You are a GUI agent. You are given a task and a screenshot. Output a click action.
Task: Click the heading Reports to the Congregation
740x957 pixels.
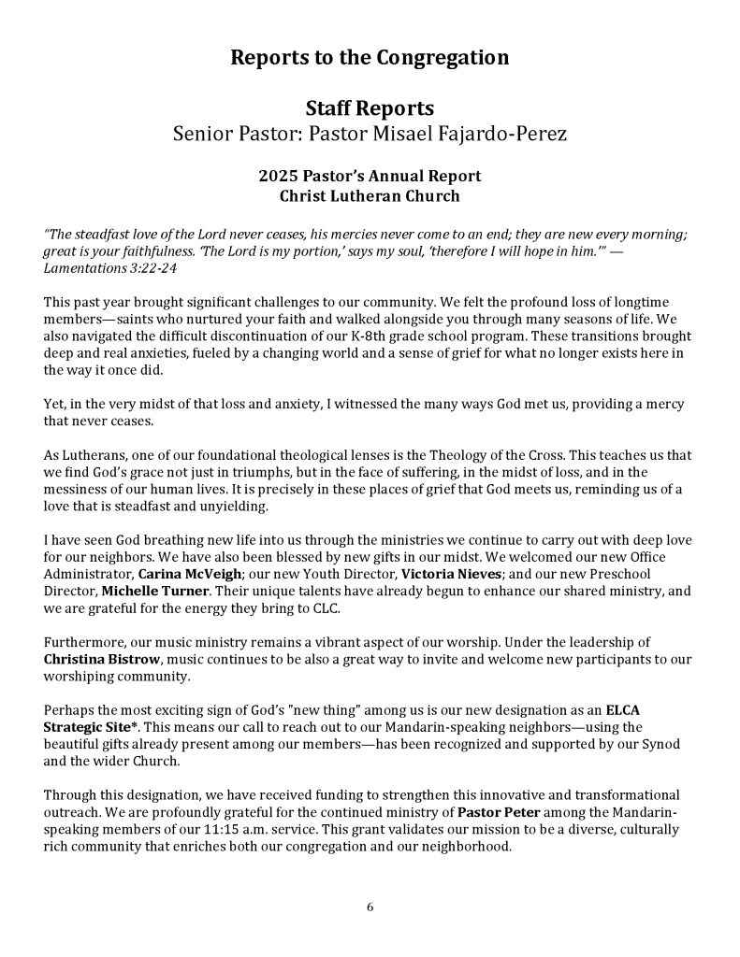(370, 58)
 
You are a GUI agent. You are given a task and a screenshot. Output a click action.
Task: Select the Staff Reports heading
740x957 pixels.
(370, 109)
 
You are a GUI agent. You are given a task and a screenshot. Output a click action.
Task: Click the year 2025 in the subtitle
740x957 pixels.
(276, 176)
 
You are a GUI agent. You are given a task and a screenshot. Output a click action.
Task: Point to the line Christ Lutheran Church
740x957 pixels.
(370, 196)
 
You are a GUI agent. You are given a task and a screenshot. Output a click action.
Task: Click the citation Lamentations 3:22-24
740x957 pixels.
(110, 268)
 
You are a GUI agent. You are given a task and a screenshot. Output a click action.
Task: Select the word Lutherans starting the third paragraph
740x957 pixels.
(94, 455)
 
